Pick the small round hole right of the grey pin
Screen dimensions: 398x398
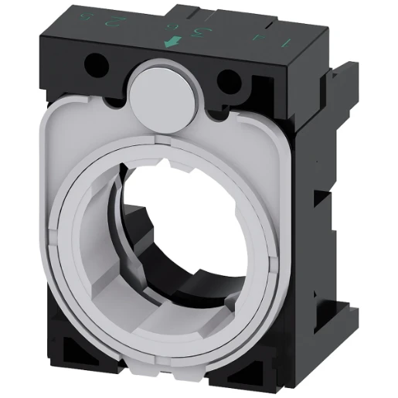228,79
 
